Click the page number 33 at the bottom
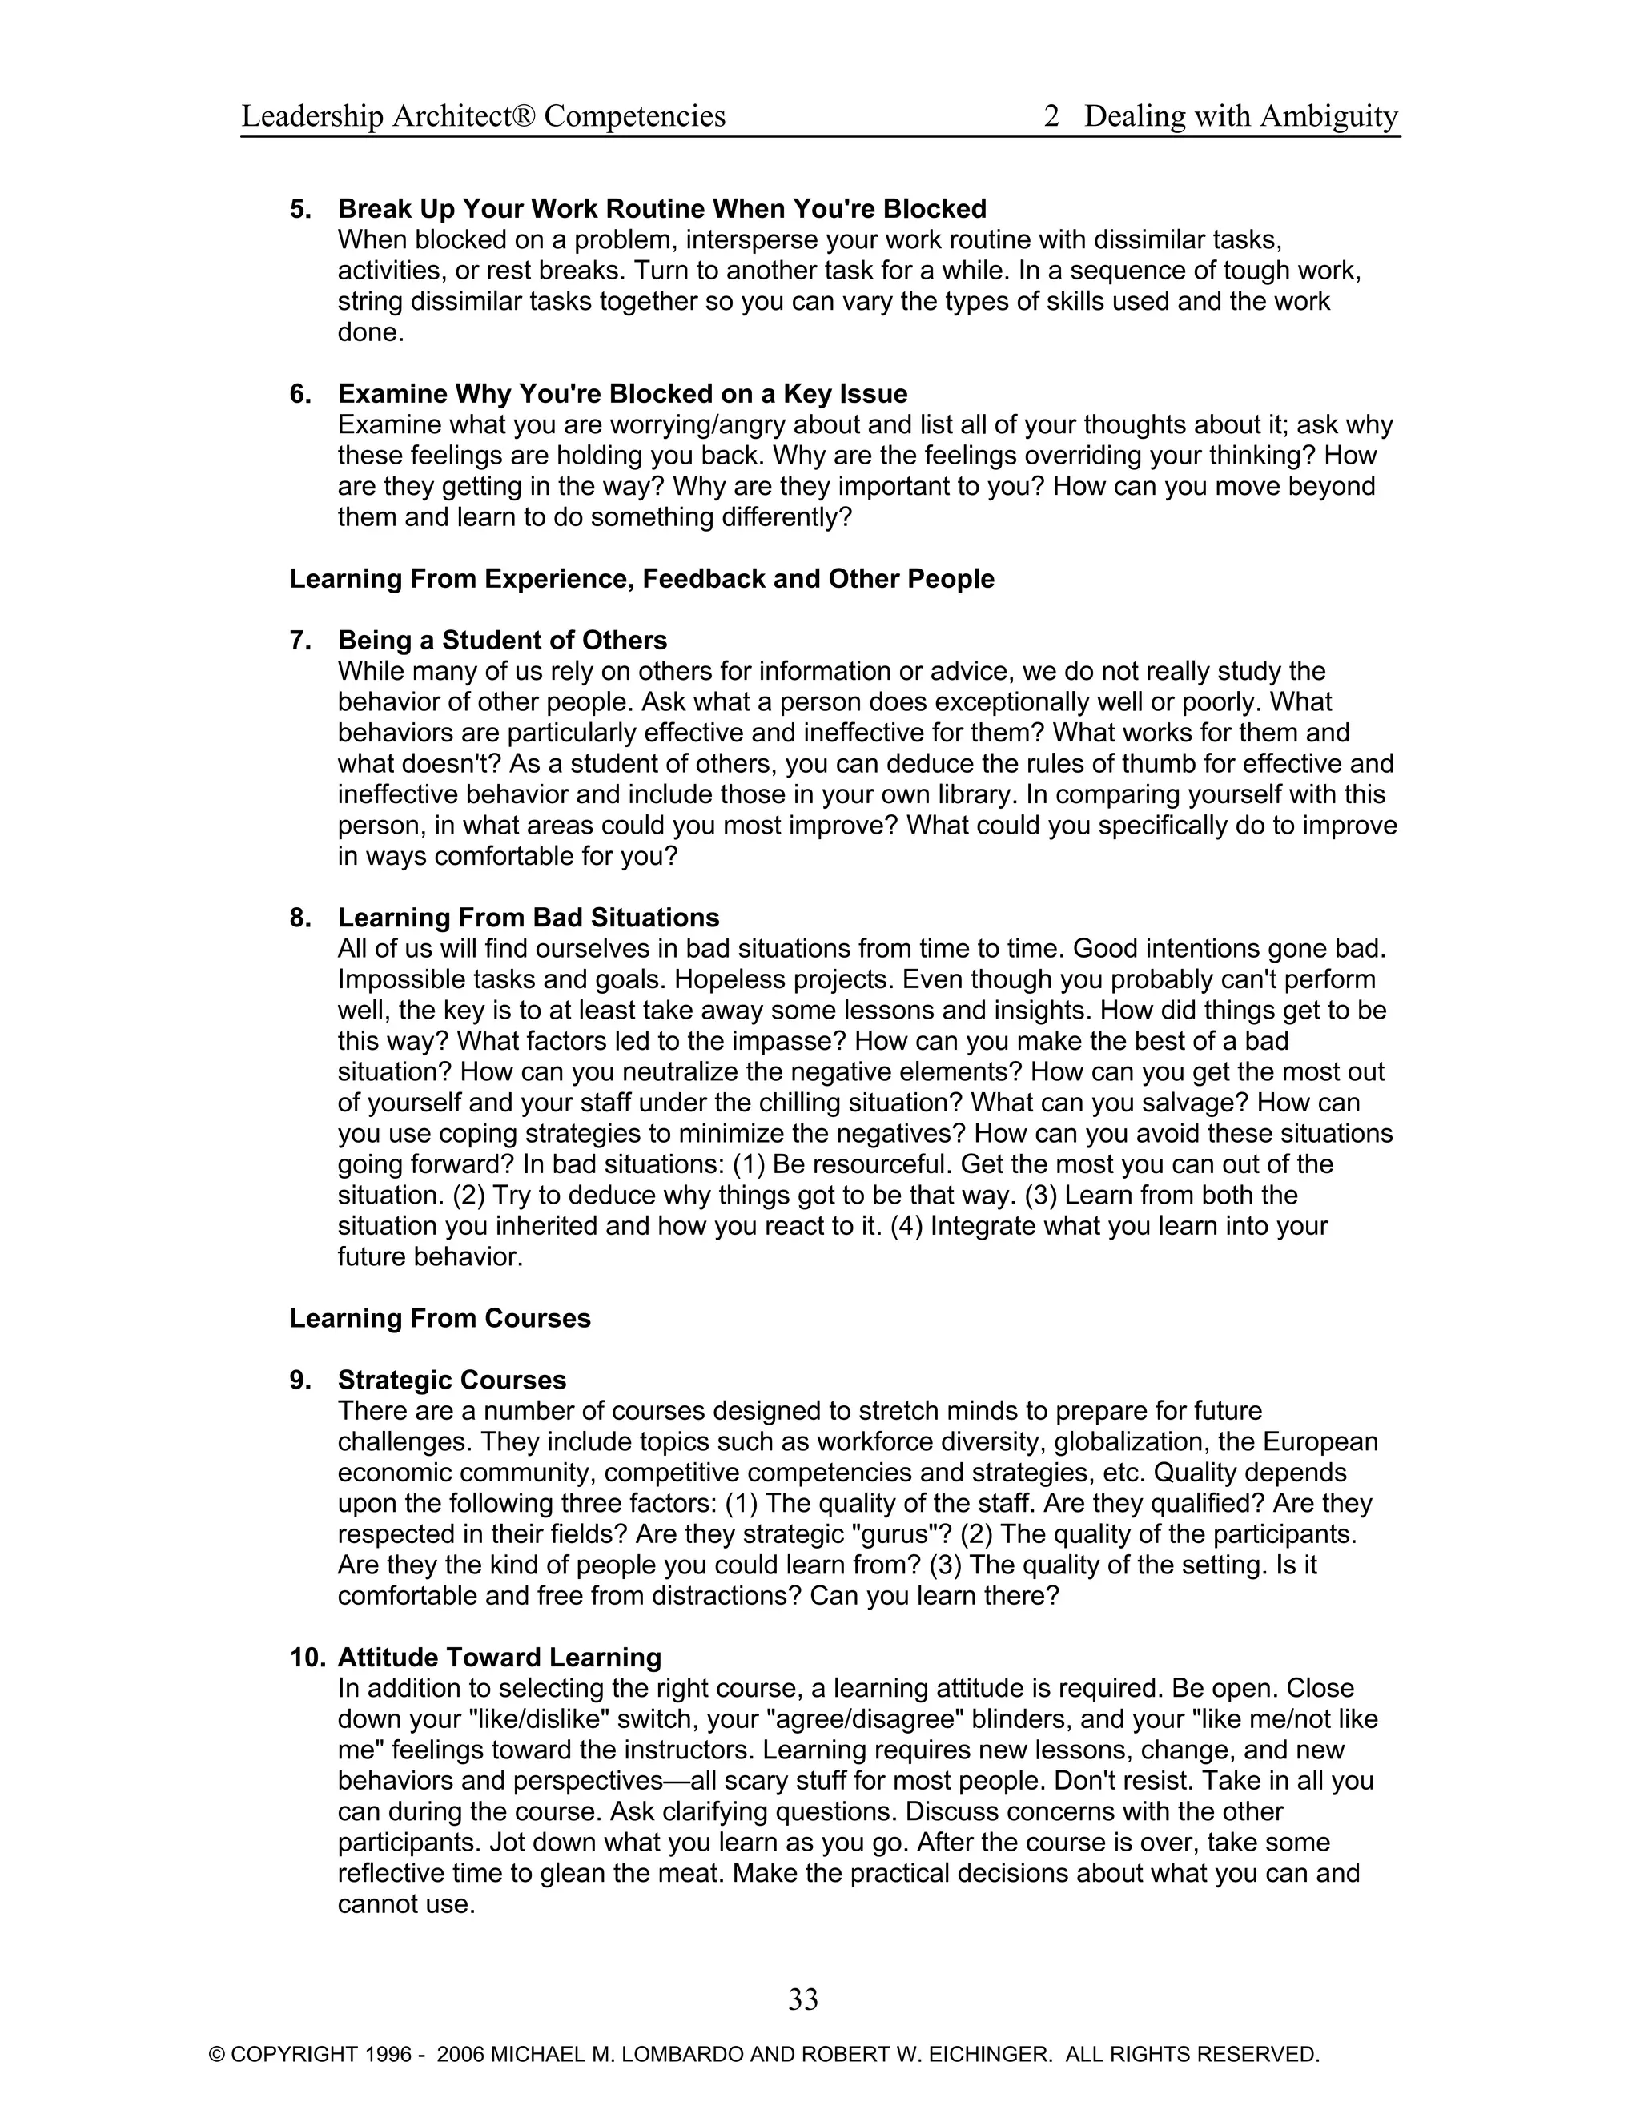click(x=802, y=1999)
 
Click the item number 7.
click(x=300, y=641)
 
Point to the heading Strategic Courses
click(x=452, y=1380)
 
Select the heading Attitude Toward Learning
click(x=500, y=1657)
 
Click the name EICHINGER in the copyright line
click(x=995, y=2054)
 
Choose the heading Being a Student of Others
click(x=502, y=641)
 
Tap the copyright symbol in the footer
click(x=218, y=2054)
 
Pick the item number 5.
click(x=300, y=209)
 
